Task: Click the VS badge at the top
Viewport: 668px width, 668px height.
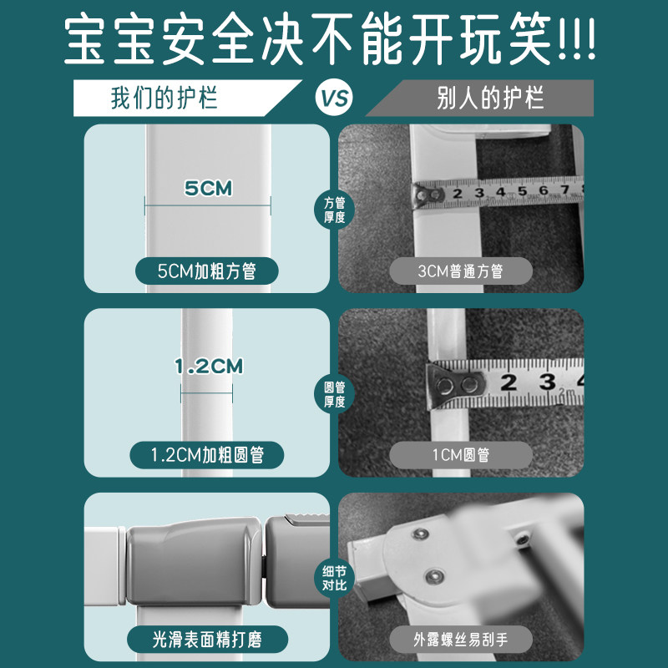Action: [334, 99]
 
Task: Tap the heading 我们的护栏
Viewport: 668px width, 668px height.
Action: [164, 99]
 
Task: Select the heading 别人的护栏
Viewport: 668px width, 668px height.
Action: [490, 99]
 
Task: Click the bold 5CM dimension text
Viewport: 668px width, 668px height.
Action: [208, 189]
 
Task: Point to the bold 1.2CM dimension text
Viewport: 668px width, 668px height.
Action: [207, 366]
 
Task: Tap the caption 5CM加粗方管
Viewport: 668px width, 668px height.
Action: [207, 271]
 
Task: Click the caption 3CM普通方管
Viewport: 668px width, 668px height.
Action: [461, 271]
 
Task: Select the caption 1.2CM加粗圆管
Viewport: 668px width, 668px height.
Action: [207, 455]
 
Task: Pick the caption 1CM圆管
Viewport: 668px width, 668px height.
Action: [461, 455]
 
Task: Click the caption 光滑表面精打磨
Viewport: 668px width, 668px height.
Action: [207, 640]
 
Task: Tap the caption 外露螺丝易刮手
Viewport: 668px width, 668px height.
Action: [461, 640]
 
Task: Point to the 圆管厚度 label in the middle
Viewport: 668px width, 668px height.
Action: [334, 393]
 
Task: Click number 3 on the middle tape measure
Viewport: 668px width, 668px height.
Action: [547, 382]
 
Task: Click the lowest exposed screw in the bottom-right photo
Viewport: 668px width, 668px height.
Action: [435, 575]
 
